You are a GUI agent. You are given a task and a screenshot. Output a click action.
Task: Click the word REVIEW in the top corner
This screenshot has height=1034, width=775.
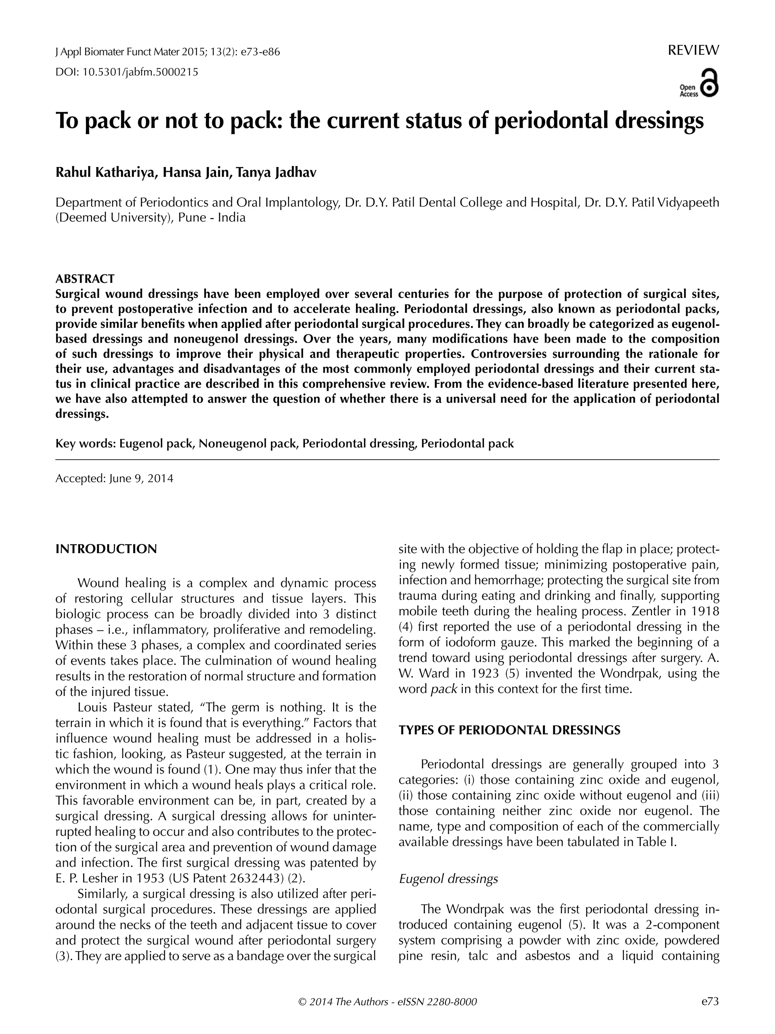(693, 50)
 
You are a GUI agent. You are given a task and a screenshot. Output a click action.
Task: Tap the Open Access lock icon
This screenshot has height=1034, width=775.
(710, 84)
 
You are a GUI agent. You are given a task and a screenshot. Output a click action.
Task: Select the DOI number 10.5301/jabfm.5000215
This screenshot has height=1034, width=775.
(140, 72)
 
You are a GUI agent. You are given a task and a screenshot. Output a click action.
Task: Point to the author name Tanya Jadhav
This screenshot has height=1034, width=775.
(276, 173)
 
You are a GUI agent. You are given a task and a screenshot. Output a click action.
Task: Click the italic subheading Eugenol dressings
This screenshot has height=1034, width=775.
(448, 879)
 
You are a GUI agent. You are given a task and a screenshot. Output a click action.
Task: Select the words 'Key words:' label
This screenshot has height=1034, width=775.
(86, 444)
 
